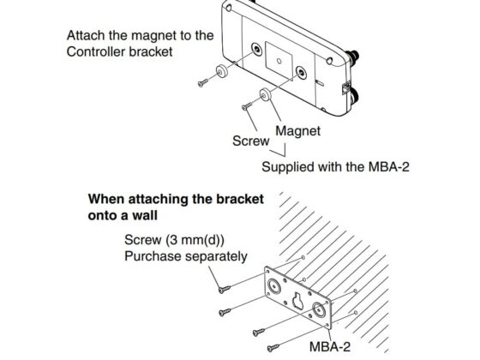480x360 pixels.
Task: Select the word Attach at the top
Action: pos(87,37)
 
